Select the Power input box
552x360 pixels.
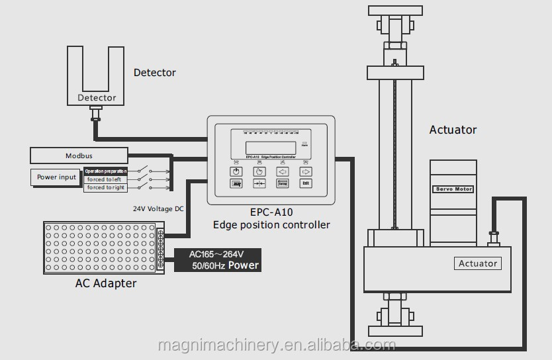pyautogui.click(x=56, y=177)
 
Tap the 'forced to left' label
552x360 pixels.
pyautogui.click(x=105, y=179)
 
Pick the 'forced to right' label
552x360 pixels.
pyautogui.click(x=105, y=188)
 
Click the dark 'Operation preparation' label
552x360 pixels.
pyautogui.click(x=105, y=171)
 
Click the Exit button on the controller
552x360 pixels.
pyautogui.click(x=305, y=184)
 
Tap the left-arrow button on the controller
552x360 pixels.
pyautogui.click(x=282, y=171)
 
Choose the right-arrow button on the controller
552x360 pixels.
pyautogui.click(x=305, y=171)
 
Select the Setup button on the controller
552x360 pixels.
pyautogui.click(x=282, y=184)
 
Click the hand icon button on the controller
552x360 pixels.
pyautogui.click(x=259, y=171)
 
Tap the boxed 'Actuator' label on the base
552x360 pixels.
pyautogui.click(x=478, y=263)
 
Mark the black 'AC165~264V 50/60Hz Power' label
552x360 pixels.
pyautogui.click(x=217, y=260)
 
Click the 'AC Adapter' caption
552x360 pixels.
pyautogui.click(x=106, y=283)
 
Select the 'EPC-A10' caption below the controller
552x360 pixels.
pyautogui.click(x=271, y=213)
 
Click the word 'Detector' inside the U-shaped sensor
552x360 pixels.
pyautogui.click(x=97, y=98)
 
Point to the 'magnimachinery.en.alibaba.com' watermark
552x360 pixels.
pyautogui.click(x=277, y=346)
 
